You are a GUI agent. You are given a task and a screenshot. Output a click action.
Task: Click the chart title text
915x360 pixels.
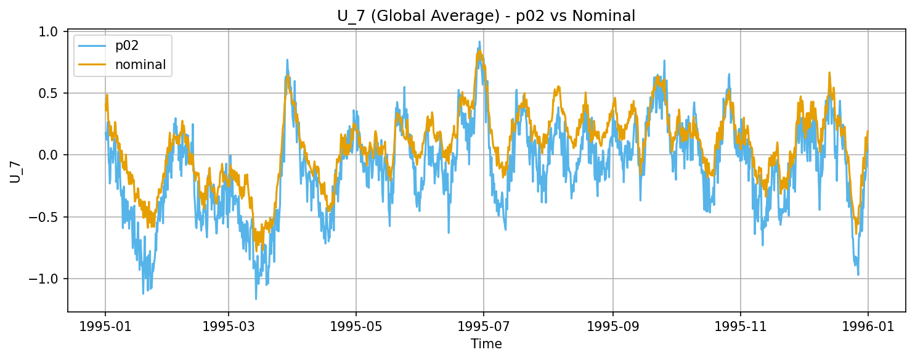486,16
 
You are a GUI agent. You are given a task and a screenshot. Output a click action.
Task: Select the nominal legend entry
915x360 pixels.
136,65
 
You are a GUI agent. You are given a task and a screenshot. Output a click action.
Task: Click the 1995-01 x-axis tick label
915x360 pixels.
105,326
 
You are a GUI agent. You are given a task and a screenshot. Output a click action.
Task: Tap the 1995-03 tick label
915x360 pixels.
228,326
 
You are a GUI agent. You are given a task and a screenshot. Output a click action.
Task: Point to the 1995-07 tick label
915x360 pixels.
483,326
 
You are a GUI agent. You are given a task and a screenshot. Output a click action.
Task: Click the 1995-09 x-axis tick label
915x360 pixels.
612,326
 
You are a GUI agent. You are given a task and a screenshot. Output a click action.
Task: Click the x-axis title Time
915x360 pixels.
486,344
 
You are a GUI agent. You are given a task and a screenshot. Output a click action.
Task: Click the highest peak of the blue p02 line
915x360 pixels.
479,42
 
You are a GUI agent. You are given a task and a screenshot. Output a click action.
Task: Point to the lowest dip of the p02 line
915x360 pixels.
256,299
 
